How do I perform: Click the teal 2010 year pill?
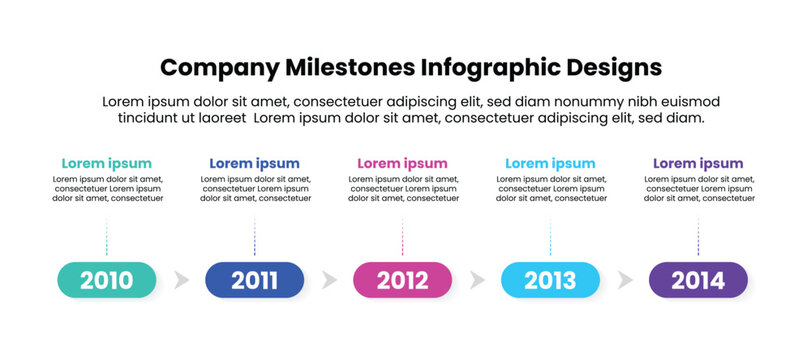point(107,280)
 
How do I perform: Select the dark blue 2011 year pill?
point(254,280)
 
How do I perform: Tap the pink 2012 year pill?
point(402,280)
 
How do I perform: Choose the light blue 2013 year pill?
point(550,280)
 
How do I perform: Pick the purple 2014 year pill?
point(698,280)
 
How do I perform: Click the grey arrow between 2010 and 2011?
point(180,280)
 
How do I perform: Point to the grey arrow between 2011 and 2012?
point(328,280)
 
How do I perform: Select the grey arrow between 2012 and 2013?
point(476,280)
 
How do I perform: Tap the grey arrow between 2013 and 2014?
point(624,280)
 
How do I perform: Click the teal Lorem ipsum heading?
point(107,163)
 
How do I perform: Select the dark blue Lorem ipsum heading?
point(254,163)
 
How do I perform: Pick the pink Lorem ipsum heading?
point(402,163)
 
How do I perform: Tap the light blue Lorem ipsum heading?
point(550,163)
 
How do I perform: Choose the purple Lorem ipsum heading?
point(698,163)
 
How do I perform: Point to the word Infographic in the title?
point(482,67)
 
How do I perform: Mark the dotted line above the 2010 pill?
point(107,236)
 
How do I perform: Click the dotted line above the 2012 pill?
point(402,236)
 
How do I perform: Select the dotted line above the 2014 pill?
point(698,236)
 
